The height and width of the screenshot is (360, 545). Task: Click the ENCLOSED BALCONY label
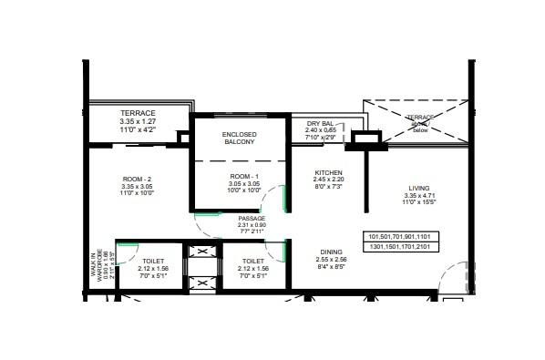pos(240,139)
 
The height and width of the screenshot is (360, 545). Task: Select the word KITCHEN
pos(328,172)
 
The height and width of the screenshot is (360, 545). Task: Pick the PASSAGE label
pos(252,219)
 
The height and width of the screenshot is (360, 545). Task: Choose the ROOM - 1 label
pos(244,175)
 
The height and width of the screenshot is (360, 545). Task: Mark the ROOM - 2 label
pos(137,180)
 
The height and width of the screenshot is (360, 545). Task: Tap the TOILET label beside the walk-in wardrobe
pos(151,259)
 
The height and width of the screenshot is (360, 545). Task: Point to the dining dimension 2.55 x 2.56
pos(332,261)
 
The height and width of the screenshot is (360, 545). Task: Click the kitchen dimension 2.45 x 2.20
pos(328,180)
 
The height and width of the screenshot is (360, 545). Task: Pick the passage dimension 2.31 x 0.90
pos(252,226)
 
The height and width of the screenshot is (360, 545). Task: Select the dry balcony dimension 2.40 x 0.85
pos(321,129)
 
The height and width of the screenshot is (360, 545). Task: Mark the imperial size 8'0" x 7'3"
pos(328,188)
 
